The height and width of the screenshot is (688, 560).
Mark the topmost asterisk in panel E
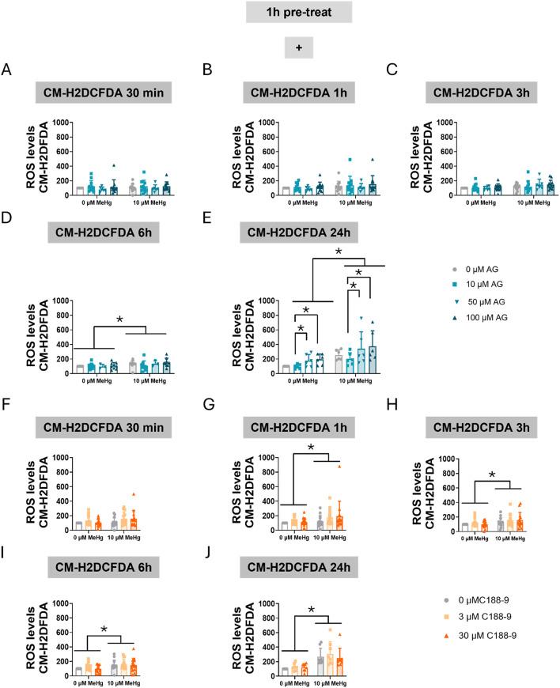[338, 252]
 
